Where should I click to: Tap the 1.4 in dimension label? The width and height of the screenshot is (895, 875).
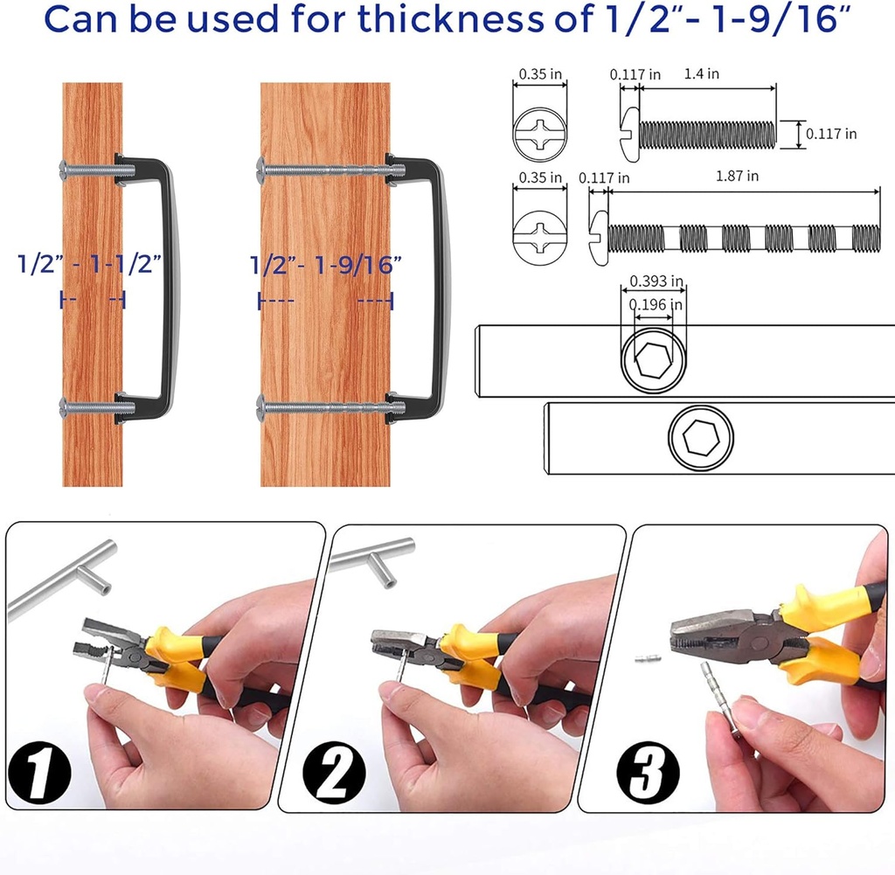pos(702,73)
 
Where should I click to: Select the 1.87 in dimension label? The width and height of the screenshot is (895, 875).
pos(737,176)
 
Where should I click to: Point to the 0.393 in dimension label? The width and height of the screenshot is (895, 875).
pos(656,281)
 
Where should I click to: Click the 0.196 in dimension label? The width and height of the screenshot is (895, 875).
pos(656,304)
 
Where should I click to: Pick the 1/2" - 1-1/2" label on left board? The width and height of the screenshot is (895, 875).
pos(90,264)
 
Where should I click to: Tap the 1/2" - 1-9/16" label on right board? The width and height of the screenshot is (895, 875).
pos(326,265)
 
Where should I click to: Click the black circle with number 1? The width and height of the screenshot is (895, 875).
pos(38,773)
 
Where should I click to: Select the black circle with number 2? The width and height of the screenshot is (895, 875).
pos(334,773)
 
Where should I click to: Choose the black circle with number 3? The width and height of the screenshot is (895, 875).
pos(648,773)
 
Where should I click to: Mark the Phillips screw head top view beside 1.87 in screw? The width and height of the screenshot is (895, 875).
pos(539,238)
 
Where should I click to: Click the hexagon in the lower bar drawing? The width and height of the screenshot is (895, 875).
pos(701,438)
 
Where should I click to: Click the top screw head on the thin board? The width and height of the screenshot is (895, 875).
pos(64,169)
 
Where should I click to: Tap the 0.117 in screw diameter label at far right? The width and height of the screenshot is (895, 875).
pos(831,134)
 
